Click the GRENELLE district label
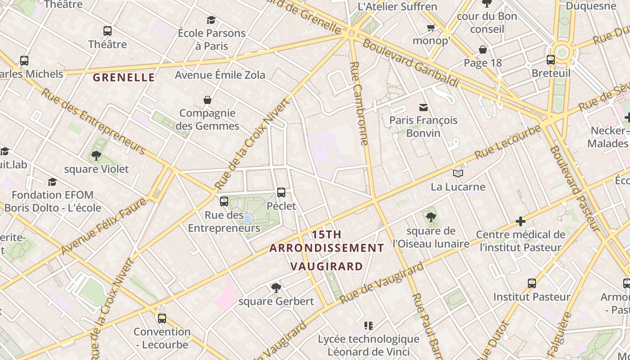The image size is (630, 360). click(x=124, y=77)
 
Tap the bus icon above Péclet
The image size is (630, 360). click(x=281, y=193)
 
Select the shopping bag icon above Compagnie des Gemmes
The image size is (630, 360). click(x=207, y=99)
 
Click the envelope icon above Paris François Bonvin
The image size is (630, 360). click(x=423, y=107)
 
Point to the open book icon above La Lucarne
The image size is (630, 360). click(x=458, y=173)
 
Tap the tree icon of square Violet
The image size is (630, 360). click(x=96, y=156)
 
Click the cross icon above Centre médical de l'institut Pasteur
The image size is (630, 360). click(x=521, y=221)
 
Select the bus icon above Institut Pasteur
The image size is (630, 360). click(x=532, y=283)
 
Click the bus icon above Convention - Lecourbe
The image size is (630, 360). click(x=162, y=319)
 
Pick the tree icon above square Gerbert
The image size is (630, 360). click(x=276, y=288)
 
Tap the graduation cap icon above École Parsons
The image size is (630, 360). click(x=211, y=20)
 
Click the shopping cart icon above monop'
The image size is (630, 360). click(x=431, y=28)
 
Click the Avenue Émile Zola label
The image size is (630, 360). click(x=220, y=75)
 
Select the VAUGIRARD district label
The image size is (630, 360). click(x=327, y=266)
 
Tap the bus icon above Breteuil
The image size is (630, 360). click(x=551, y=60)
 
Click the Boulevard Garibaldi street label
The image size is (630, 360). click(x=410, y=63)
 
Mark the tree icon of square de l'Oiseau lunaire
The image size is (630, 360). click(x=431, y=217)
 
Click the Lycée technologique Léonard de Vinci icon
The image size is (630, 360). click(x=369, y=325)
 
